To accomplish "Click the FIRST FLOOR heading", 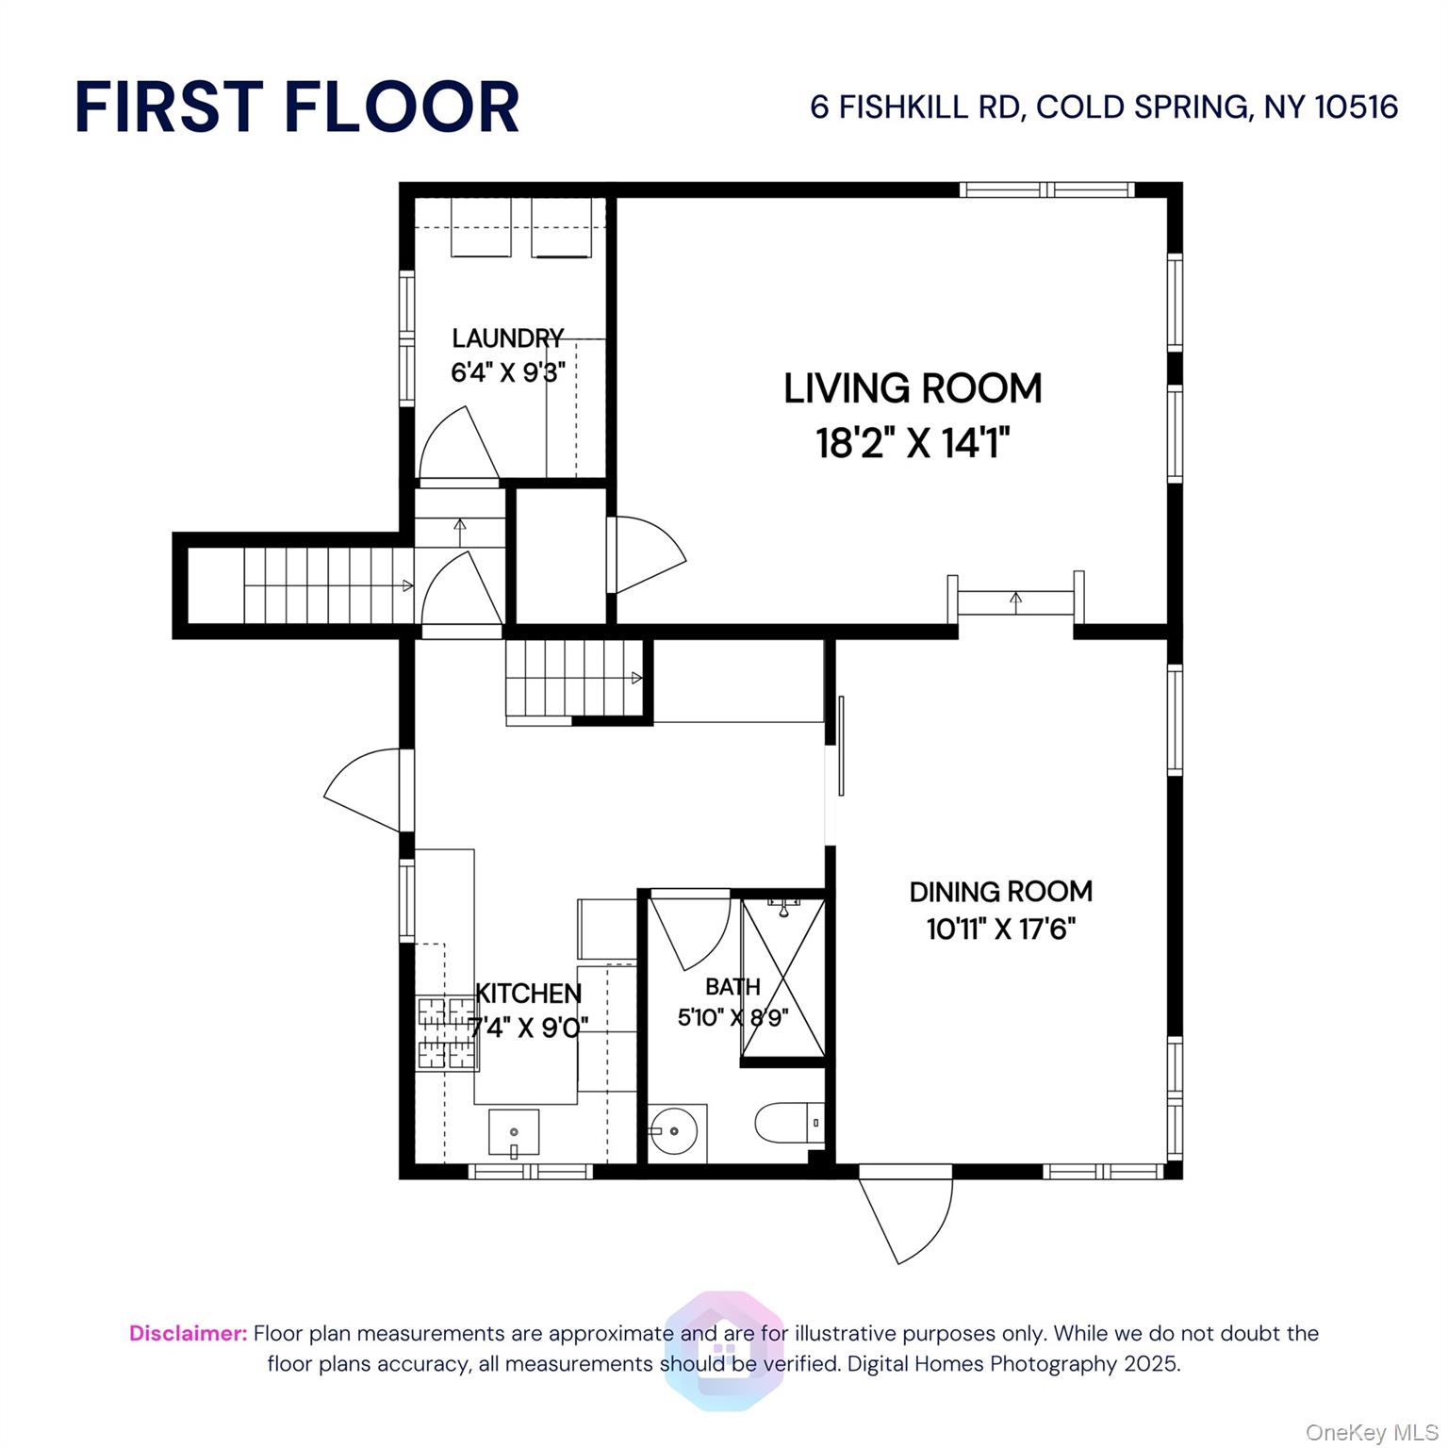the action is (x=297, y=107).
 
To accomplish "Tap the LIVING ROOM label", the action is (x=913, y=388).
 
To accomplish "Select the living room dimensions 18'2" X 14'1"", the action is (x=913, y=442).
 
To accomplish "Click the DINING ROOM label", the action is (x=1001, y=891).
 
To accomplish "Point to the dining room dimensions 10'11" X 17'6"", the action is (x=1001, y=930).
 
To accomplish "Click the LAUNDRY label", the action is (x=508, y=337).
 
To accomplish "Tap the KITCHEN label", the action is (x=529, y=993).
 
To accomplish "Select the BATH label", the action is (x=732, y=987).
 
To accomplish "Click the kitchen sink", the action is (x=514, y=1132).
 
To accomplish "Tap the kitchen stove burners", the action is (x=447, y=1034).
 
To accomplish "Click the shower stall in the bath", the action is (x=782, y=978).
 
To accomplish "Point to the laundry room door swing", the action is (x=458, y=443).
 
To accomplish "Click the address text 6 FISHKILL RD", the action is (x=916, y=107).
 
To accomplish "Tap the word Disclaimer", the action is (x=189, y=1333).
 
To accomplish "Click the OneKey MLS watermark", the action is (x=1372, y=1433).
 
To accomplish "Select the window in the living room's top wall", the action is (x=1046, y=189).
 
